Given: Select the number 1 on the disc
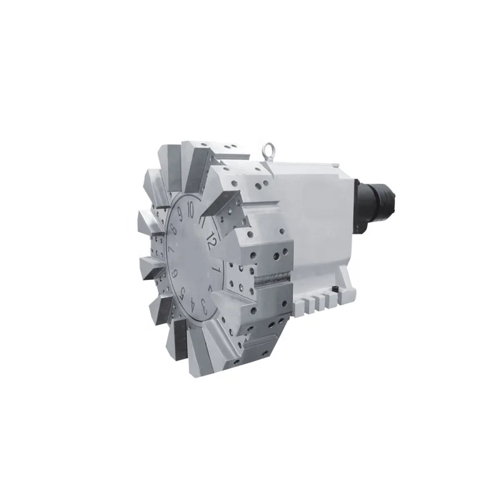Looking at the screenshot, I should [216, 267].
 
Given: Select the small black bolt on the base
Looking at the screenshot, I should [338, 289].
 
